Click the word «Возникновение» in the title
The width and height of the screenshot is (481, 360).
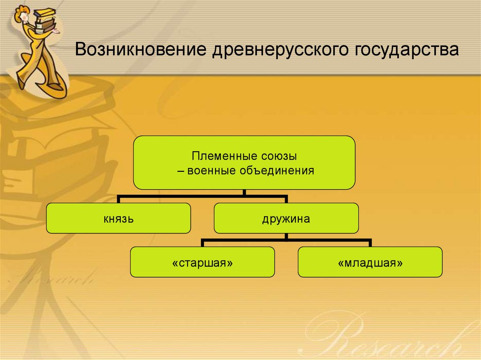coord(140,49)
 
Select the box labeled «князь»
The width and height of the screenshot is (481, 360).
coord(118,218)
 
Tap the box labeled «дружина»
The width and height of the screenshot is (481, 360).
coord(286,218)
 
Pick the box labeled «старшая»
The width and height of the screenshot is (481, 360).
coord(202,262)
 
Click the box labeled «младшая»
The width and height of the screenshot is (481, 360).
coord(370,262)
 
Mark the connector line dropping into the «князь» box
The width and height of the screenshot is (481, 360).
coord(118,199)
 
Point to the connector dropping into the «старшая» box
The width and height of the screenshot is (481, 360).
coord(202,243)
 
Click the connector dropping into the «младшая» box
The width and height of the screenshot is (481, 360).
coord(370,243)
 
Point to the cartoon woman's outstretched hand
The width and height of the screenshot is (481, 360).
coord(56,31)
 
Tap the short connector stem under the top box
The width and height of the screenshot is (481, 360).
coord(244,192)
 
